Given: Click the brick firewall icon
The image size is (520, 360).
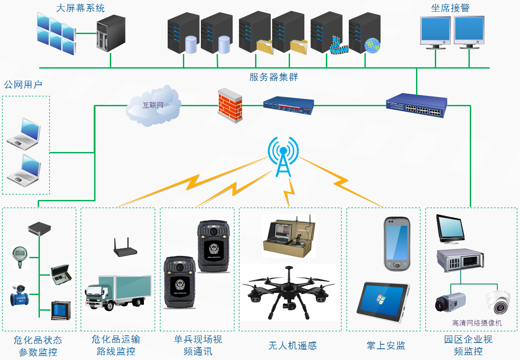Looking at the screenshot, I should pyautogui.click(x=230, y=105).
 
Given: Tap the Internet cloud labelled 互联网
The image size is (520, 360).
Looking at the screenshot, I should pyautogui.click(x=152, y=106).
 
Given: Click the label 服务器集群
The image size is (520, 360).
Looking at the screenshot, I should pyautogui.click(x=273, y=77).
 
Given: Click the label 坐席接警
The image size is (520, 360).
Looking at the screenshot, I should pyautogui.click(x=450, y=8).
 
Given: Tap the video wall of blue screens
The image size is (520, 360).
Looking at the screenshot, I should pyautogui.click(x=56, y=33).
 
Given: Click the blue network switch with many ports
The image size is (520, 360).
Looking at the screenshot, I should pyautogui.click(x=416, y=105).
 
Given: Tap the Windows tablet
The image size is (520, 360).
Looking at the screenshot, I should pyautogui.click(x=382, y=302).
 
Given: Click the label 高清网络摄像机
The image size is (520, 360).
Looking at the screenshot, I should pyautogui.click(x=477, y=323).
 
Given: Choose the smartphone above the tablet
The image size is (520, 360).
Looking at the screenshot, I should pyautogui.click(x=397, y=244).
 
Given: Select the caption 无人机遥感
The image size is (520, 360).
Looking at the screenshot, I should pyautogui.click(x=292, y=346).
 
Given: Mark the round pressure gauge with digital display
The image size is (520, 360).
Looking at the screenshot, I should pyautogui.click(x=20, y=256).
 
